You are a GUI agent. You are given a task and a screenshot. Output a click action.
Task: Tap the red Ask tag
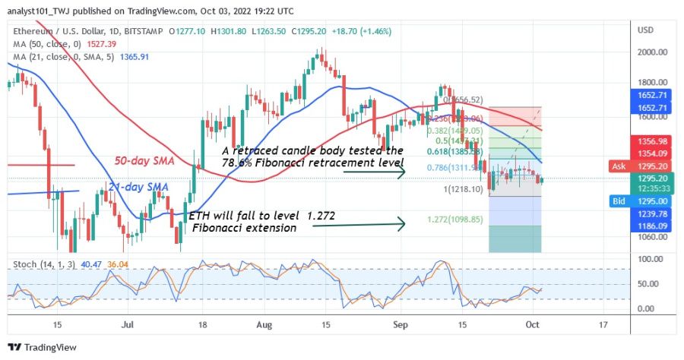(x=619, y=166)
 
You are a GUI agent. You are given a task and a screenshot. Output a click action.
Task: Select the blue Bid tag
(x=619, y=201)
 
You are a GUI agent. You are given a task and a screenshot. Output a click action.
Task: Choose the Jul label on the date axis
(x=127, y=324)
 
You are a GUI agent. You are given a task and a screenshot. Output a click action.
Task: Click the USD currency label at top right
(x=646, y=30)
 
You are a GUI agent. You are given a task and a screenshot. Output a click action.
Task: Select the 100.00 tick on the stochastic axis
(x=646, y=259)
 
